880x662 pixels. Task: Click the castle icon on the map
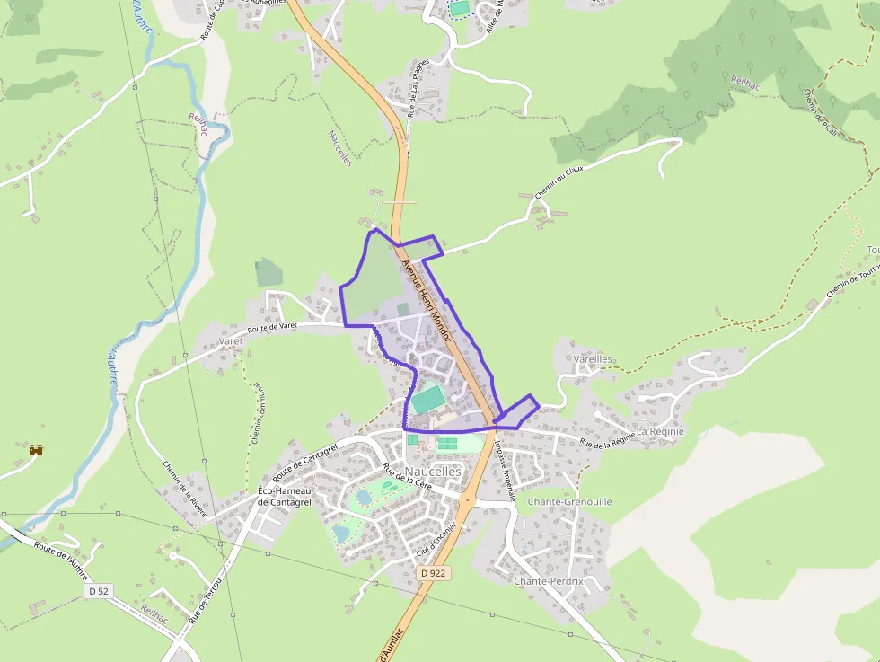click(37, 449)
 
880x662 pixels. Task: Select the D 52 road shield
click(98, 591)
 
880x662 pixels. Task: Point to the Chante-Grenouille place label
click(569, 501)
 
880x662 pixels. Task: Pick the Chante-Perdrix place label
click(548, 581)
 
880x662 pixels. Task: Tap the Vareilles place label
click(593, 359)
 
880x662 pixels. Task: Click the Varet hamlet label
click(231, 341)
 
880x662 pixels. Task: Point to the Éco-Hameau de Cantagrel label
click(284, 496)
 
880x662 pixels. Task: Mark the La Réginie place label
click(660, 431)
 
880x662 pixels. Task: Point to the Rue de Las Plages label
click(420, 89)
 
